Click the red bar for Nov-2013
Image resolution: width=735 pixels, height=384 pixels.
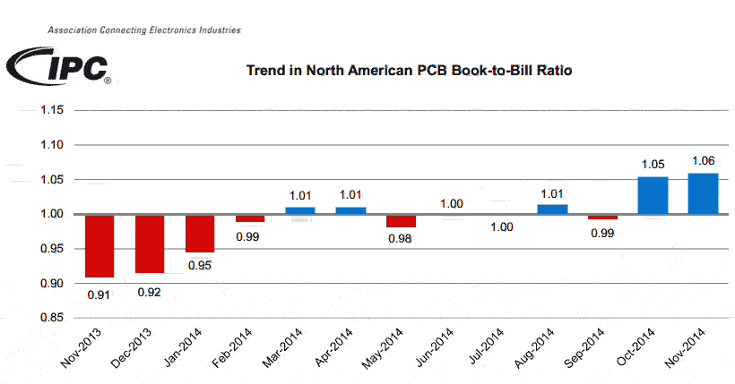(x=99, y=246)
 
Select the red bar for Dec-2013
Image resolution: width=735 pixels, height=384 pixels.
(x=150, y=243)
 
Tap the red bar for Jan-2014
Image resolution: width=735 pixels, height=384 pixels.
(x=200, y=234)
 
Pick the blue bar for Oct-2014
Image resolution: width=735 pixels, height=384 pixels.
(x=653, y=195)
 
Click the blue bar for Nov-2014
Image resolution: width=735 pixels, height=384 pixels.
(x=703, y=193)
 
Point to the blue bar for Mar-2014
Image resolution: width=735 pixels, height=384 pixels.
(x=300, y=210)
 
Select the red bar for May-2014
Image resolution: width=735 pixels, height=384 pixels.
(x=401, y=221)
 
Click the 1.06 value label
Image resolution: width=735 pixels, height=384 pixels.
(x=703, y=160)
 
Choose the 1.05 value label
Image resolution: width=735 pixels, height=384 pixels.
(x=653, y=164)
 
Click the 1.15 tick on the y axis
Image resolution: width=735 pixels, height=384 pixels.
(x=52, y=110)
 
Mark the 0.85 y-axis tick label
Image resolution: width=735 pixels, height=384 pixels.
(x=52, y=318)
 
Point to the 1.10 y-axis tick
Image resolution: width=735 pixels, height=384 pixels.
(x=52, y=145)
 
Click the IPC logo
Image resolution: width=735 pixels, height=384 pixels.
(x=58, y=65)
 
